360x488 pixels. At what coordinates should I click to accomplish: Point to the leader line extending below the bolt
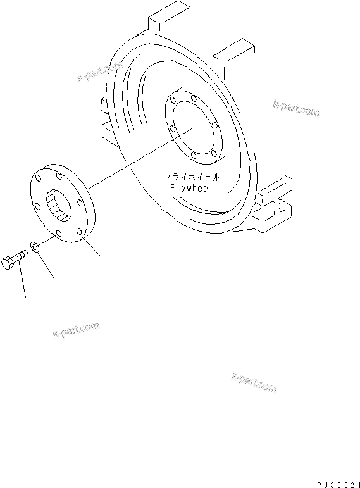pos(22,282)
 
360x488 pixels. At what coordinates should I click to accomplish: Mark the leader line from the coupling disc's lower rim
pos(93,248)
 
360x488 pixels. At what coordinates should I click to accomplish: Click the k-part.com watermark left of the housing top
pos(99,73)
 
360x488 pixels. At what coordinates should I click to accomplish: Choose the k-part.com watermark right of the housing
pos(296,107)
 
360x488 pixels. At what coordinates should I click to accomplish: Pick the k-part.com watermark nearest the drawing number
pos(254,382)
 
